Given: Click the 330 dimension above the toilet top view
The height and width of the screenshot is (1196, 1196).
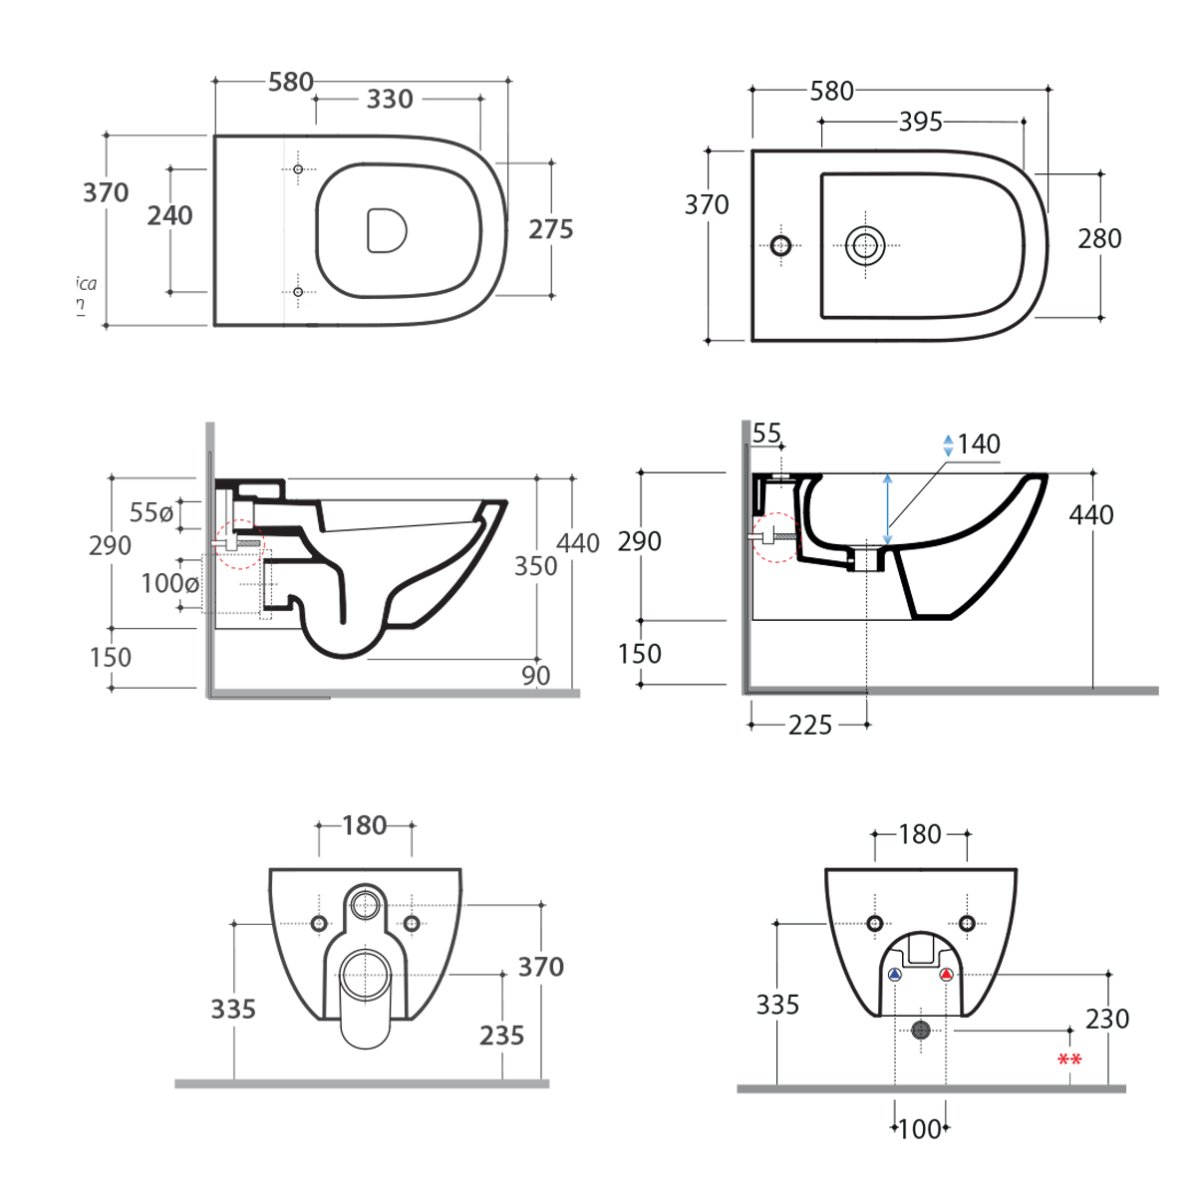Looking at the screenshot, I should [x=389, y=100].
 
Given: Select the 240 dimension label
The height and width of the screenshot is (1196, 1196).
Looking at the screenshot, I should [x=169, y=215].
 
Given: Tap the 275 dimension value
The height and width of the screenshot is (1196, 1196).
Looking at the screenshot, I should [x=550, y=229].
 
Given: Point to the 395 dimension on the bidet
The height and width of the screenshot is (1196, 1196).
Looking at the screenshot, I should [x=920, y=122].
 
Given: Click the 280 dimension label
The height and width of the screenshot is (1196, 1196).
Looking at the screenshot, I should [x=1099, y=239].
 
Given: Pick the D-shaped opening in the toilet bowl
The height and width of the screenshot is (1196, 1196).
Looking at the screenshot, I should [x=387, y=230].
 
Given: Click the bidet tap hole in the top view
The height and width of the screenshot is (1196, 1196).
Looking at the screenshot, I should [x=780, y=245].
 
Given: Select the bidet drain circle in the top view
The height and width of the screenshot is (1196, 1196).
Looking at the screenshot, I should [x=865, y=244].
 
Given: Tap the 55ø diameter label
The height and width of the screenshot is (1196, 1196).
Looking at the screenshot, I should [x=151, y=512].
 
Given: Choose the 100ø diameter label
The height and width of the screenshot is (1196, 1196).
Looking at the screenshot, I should [x=169, y=583].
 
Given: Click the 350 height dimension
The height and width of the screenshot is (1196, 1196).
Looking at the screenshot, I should [x=535, y=566].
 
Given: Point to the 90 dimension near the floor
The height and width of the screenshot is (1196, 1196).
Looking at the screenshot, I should [x=536, y=675].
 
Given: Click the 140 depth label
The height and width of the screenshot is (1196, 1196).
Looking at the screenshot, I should [x=979, y=445].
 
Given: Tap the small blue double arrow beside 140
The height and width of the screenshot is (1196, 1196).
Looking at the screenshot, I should [x=948, y=446].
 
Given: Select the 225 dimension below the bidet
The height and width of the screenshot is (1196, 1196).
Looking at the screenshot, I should [x=809, y=726].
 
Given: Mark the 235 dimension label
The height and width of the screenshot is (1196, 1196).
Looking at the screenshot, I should [x=501, y=1036].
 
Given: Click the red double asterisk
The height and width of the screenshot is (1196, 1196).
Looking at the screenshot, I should [x=1069, y=1060].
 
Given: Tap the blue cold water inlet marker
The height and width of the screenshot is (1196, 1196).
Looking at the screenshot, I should [x=895, y=975].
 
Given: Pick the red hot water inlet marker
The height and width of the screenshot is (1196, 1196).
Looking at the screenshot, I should [x=946, y=975].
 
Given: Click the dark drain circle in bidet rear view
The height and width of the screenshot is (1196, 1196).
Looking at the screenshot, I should [x=921, y=1030].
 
